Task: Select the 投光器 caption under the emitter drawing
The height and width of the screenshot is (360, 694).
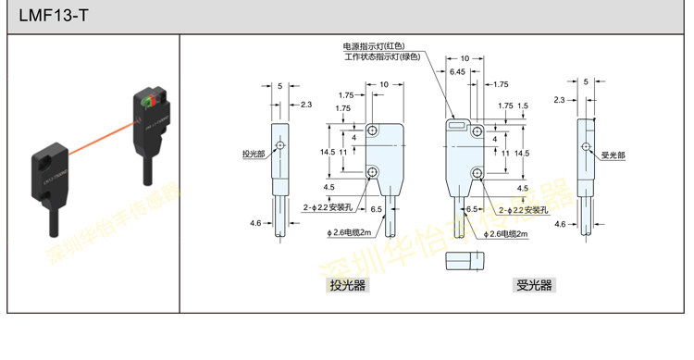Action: point(348,286)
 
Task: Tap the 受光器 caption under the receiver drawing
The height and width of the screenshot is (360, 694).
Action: point(533,286)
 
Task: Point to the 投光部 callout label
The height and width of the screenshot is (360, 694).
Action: point(253,154)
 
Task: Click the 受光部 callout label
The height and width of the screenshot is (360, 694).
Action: point(614,154)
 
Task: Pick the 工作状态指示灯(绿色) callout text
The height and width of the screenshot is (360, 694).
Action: point(382,57)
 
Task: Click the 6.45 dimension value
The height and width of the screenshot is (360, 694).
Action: point(457,71)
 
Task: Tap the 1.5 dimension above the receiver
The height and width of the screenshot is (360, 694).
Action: point(523,106)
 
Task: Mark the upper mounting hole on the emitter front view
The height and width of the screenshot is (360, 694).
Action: point(373,131)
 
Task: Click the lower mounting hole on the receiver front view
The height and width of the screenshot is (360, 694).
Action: point(477,172)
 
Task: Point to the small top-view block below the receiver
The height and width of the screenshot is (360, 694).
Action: point(465,262)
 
